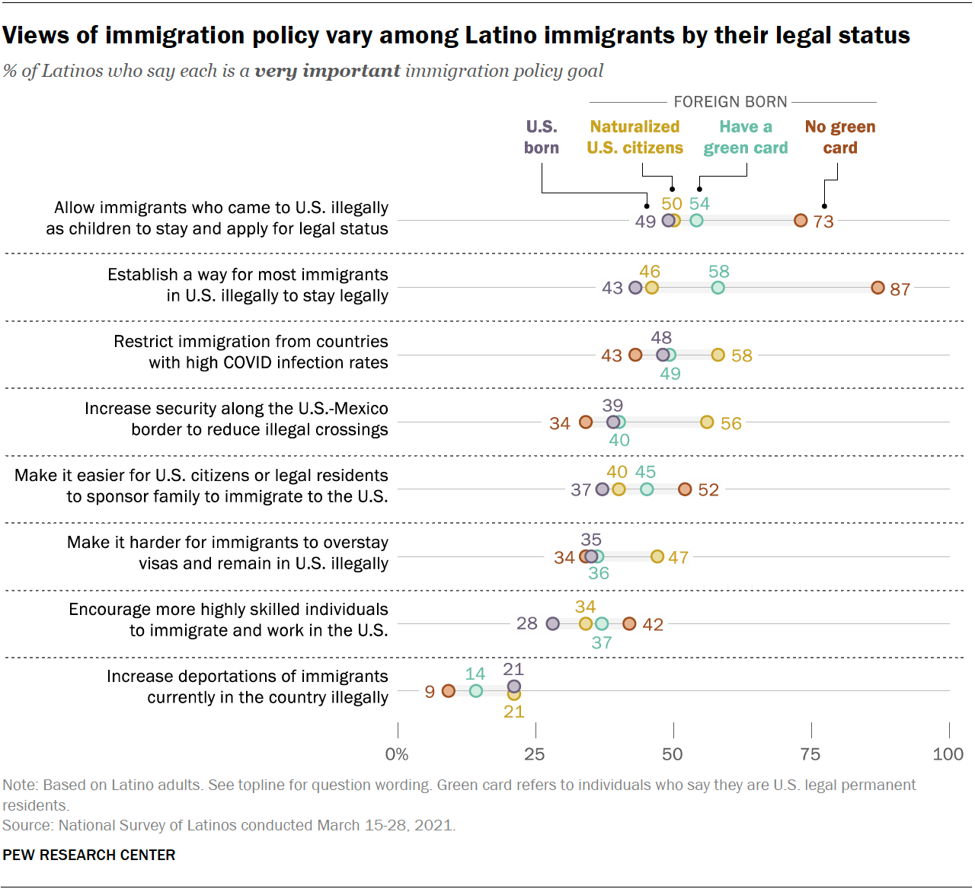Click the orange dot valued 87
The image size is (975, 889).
[877, 288]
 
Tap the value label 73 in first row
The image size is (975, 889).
[823, 221]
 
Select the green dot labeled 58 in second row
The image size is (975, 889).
[718, 288]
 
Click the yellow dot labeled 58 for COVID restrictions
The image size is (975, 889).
[718, 355]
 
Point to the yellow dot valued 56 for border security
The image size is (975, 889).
[707, 422]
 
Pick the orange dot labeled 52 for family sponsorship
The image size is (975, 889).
[685, 489]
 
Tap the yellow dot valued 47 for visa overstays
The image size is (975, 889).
[657, 556]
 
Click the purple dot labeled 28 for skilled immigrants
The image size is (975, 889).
[553, 623]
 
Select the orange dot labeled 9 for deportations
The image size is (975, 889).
[448, 690]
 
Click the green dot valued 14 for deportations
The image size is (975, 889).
[475, 690]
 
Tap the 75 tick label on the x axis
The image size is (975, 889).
[810, 754]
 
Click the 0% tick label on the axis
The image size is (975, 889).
[397, 754]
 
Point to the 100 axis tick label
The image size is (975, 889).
[948, 754]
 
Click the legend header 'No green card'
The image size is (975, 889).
[840, 137]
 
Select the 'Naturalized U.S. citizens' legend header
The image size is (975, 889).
[635, 137]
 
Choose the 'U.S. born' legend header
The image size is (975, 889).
[542, 137]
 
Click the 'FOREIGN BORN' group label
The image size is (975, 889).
[730, 102]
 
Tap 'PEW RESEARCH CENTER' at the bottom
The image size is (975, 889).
[89, 855]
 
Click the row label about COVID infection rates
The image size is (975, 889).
[251, 352]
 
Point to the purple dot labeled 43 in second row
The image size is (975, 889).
[635, 288]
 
